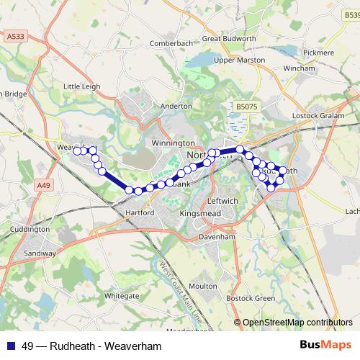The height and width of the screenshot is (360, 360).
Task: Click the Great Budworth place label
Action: pos(228,39)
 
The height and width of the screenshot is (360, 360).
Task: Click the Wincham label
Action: pos(300,68)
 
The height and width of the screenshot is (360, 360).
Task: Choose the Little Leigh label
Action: pos(82,86)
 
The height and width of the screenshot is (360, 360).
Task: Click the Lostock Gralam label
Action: pos(320,116)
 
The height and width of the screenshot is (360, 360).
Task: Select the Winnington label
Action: pos(174,143)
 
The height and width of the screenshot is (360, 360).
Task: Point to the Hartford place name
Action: pos(140,213)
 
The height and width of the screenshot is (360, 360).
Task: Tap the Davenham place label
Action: pos(218,236)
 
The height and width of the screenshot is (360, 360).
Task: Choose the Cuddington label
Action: pos(30,229)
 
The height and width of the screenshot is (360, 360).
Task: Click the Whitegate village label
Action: pos(122,295)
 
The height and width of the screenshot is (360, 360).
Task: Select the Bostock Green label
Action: pos(251,298)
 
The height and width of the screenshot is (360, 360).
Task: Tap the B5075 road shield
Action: pos(246,107)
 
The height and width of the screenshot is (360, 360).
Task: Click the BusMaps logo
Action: pos(328,346)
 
